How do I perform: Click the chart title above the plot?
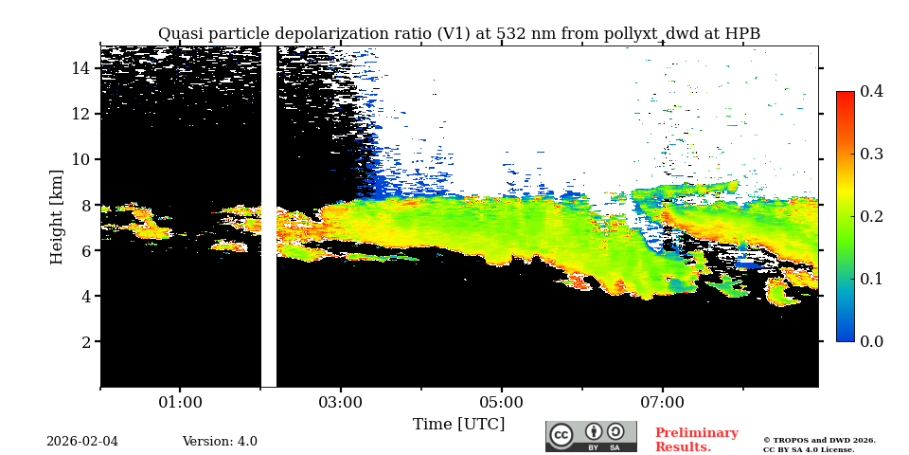point(458,34)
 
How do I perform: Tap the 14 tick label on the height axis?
point(80,68)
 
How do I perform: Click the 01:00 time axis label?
point(180,403)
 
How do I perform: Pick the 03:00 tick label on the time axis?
point(340,403)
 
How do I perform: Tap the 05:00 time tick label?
point(501,403)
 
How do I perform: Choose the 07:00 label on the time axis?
point(662,403)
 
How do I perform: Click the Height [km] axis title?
point(57,216)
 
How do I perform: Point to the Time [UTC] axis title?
point(458,425)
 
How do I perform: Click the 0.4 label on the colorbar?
point(871,92)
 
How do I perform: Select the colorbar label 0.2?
point(871,216)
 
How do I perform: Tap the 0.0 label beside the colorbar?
point(871,341)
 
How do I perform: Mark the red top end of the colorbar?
point(845,96)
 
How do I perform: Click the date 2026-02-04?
point(82,442)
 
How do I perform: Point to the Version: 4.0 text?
point(220,442)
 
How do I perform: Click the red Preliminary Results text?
point(696,440)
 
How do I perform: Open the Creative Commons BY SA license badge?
point(591,436)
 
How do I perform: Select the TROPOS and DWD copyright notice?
point(819,445)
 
